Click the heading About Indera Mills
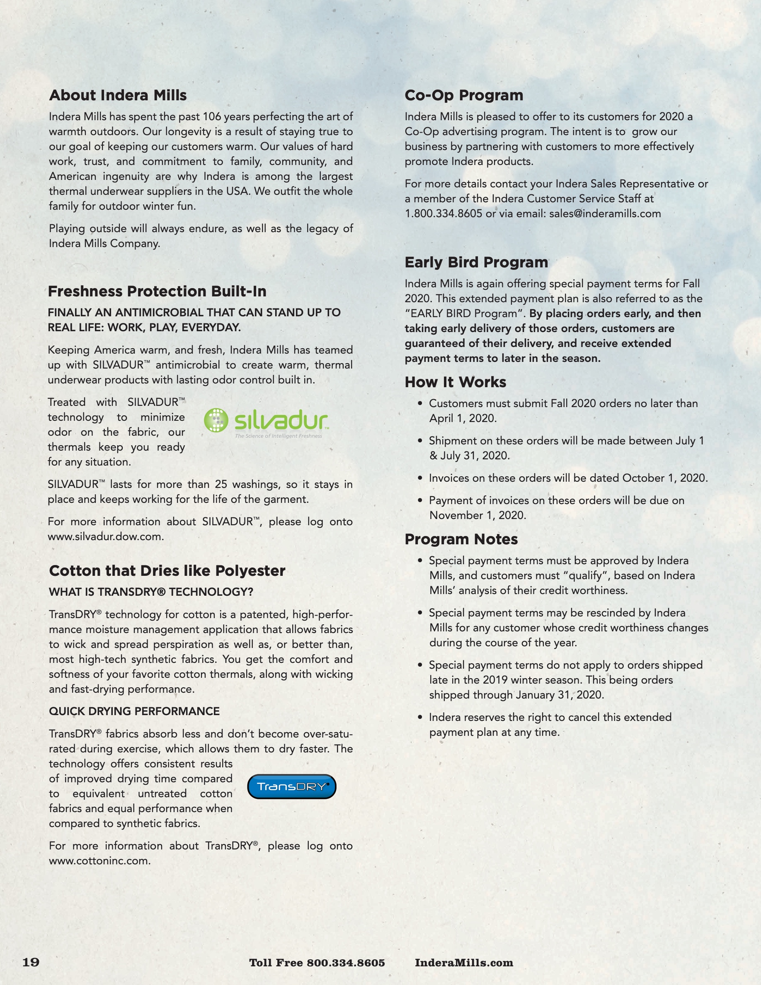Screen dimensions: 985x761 [118, 95]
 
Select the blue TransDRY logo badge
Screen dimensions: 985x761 [292, 786]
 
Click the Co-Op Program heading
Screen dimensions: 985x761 [464, 95]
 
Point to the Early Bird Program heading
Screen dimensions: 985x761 [476, 262]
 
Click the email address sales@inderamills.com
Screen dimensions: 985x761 [605, 214]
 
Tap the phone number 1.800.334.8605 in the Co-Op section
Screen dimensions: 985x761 [443, 214]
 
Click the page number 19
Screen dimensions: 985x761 [31, 962]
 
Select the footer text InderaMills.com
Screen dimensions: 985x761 [464, 963]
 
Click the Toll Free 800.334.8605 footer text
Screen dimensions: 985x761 [317, 963]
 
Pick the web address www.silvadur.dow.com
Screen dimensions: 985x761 [106, 537]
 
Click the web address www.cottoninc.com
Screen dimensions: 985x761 [99, 861]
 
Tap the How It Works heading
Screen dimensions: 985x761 [456, 382]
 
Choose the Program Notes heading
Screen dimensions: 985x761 [461, 539]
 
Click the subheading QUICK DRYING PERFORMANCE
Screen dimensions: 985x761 [134, 711]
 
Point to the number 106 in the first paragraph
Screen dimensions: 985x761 [211, 117]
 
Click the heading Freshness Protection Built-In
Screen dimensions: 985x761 [158, 291]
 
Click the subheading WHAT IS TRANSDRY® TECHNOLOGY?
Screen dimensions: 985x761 [151, 592]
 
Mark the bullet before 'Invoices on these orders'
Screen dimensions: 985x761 [420, 478]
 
